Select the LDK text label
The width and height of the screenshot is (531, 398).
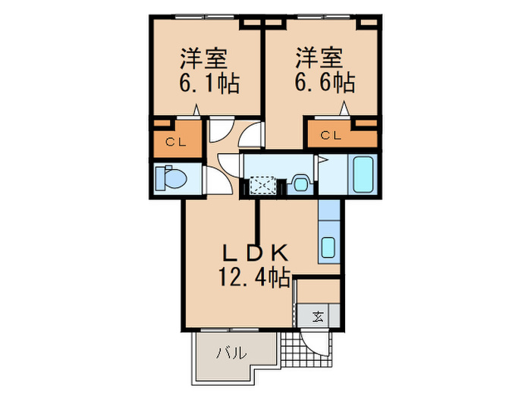(x=253, y=253)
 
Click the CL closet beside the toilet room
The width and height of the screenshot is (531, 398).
(x=177, y=141)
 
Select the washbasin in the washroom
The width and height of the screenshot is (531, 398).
(x=300, y=183)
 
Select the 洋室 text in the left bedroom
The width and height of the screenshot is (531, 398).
(x=204, y=58)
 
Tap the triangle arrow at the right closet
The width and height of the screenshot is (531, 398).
(x=346, y=108)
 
